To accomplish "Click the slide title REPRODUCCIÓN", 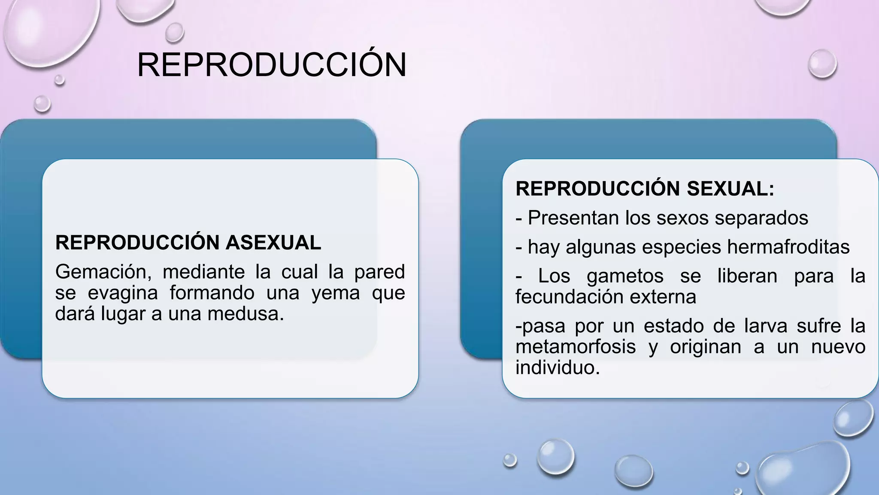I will [x=271, y=65].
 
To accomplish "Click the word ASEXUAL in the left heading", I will [x=273, y=243].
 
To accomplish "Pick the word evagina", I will [x=122, y=293].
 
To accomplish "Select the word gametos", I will [x=625, y=276].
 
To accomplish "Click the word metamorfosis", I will [x=575, y=347].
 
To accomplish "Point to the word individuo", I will [x=557, y=368].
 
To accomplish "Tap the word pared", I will [x=379, y=272].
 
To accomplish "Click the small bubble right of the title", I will [x=822, y=64].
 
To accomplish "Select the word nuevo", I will [x=838, y=347].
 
